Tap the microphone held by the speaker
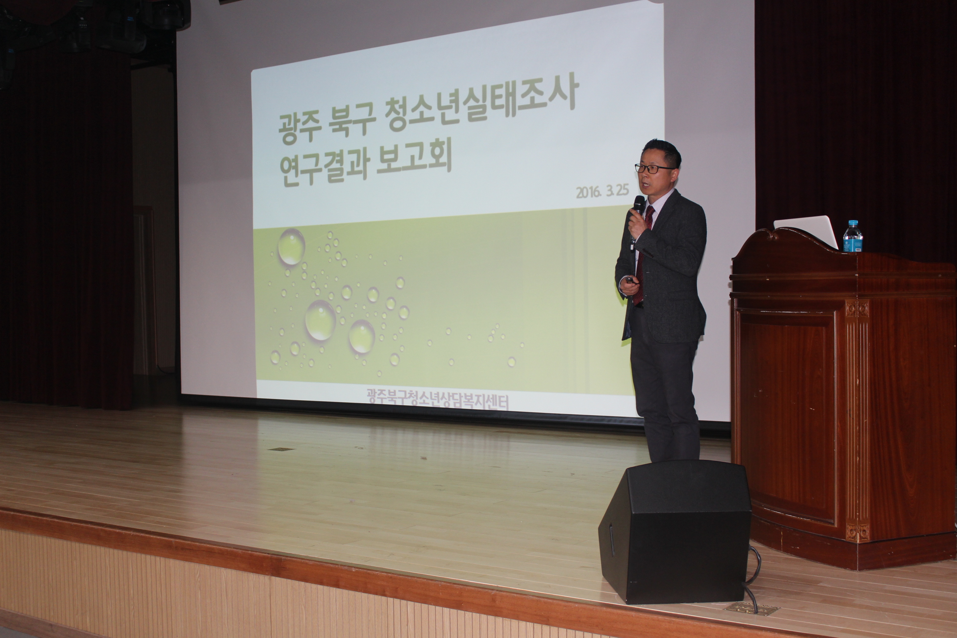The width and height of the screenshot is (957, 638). coord(637,220)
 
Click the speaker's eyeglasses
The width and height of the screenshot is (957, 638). coord(655,168)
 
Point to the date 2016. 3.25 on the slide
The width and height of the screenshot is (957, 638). coord(603,192)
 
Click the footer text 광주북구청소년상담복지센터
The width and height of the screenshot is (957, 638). coord(438,397)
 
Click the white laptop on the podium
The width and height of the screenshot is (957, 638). coord(806,231)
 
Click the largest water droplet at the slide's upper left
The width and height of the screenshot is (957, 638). coord(291,247)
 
